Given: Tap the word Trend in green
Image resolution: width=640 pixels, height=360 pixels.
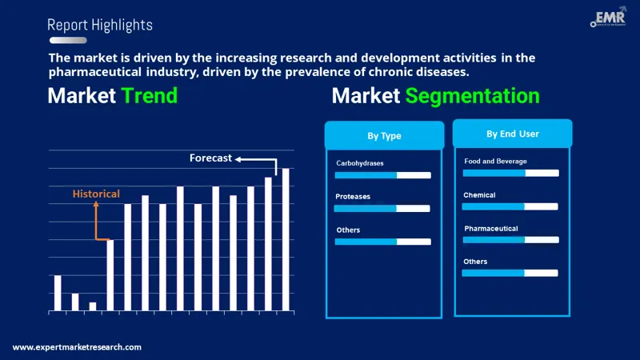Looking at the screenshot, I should (149, 96).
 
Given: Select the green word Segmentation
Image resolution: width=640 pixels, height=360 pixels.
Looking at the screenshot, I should (472, 96).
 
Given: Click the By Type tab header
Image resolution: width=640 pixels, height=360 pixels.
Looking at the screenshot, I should (384, 136).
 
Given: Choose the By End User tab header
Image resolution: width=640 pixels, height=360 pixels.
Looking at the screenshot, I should (512, 134).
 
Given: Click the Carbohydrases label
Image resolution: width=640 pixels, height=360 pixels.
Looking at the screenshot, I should (359, 163).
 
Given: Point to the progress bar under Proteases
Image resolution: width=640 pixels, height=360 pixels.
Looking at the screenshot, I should (382, 209).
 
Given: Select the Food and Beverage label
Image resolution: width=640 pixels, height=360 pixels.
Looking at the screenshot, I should (495, 161).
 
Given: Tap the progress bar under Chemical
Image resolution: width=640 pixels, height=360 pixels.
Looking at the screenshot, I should (510, 206).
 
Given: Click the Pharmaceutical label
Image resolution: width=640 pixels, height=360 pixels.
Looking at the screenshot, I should (491, 228).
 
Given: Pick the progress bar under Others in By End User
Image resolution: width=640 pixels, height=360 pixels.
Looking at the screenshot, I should (510, 273).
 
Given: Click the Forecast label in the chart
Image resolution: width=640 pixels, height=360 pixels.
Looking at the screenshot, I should (210, 158).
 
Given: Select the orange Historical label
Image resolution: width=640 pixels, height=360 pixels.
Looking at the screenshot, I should (96, 194).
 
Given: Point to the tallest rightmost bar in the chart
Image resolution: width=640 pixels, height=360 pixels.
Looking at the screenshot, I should (286, 239).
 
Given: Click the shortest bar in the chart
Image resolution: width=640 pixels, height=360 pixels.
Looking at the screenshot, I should (93, 306).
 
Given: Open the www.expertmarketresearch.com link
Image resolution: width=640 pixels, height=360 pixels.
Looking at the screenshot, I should (77, 347).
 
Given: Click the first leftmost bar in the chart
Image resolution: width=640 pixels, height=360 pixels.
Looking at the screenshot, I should (58, 292).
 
